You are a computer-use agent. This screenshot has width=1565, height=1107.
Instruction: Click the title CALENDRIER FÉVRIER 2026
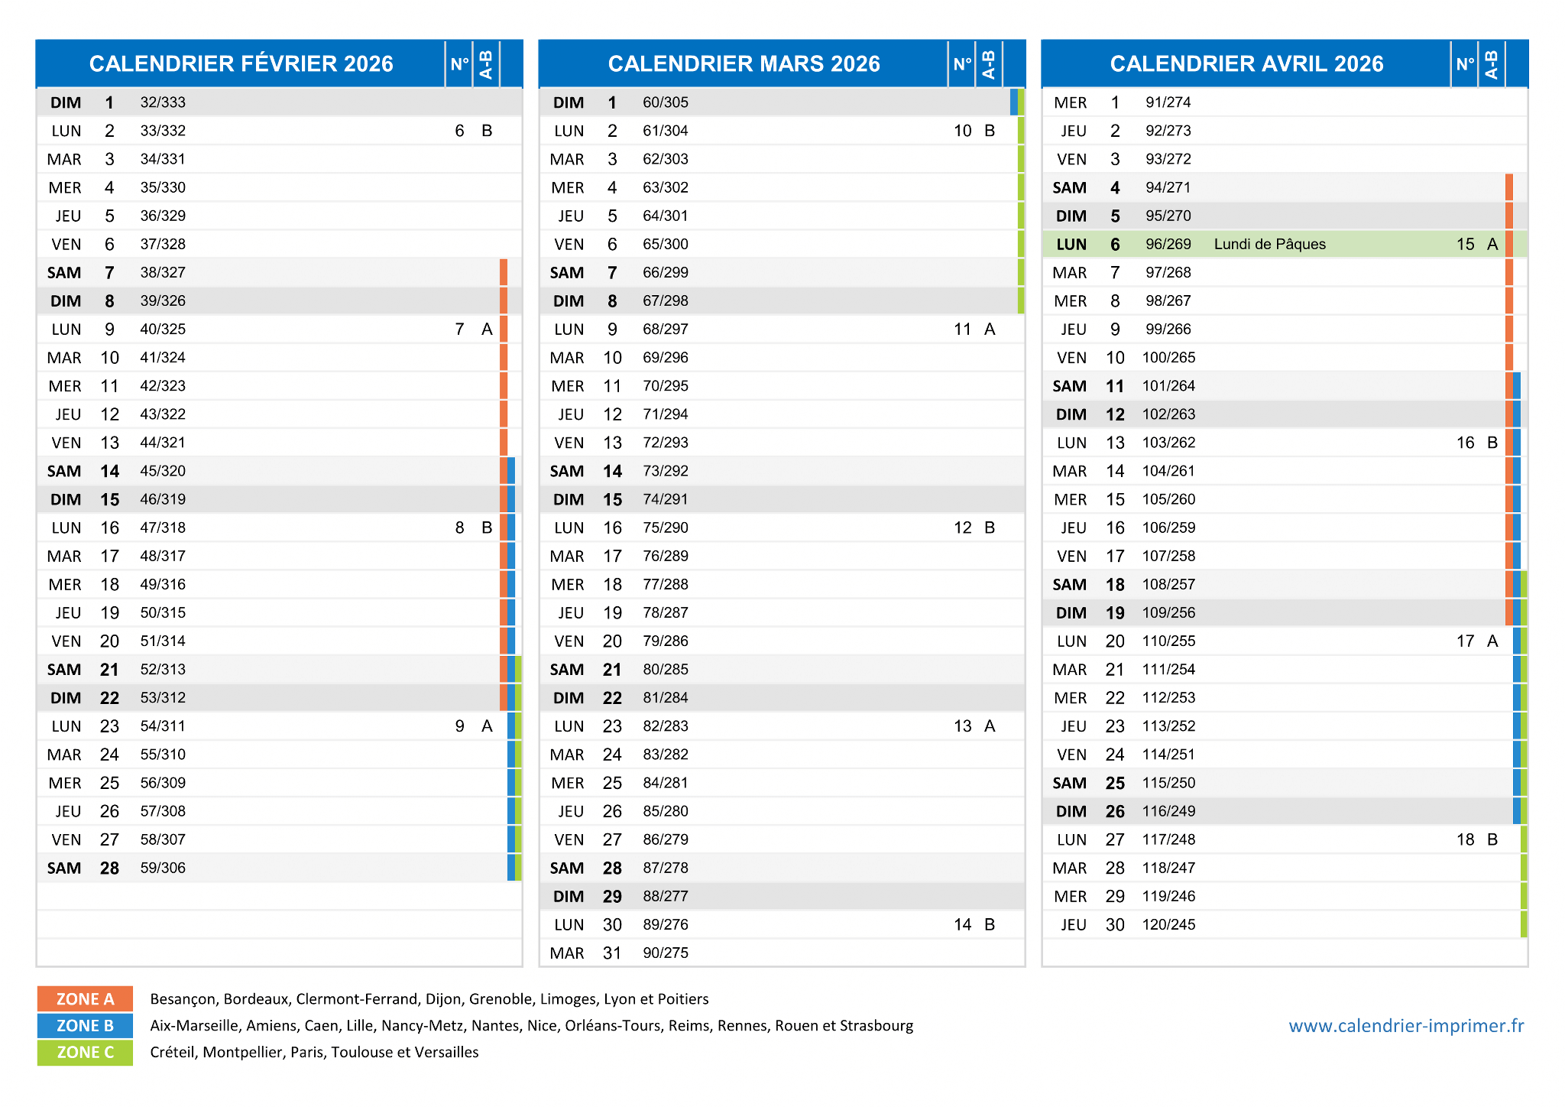click(241, 63)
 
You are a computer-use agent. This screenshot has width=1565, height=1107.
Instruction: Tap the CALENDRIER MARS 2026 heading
click(744, 63)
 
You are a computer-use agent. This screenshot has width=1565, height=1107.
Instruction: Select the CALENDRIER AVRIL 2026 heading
click(1246, 63)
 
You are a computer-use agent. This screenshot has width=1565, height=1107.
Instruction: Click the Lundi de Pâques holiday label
click(1269, 244)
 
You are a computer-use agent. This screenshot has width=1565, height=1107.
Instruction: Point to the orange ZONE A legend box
click(85, 998)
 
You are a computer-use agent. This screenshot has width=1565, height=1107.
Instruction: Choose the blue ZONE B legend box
click(85, 1025)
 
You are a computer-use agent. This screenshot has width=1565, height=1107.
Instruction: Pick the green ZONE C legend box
click(85, 1052)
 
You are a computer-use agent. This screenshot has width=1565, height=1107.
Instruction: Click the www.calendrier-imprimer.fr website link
click(1406, 1025)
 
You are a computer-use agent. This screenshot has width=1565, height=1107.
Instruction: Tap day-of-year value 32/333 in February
click(163, 102)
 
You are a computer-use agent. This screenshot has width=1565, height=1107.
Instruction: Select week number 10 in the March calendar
click(962, 131)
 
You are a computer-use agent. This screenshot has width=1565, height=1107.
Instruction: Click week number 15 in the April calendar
click(1465, 244)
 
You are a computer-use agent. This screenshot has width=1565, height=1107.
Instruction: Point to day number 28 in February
click(109, 868)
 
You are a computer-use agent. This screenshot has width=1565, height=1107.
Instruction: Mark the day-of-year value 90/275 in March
click(666, 953)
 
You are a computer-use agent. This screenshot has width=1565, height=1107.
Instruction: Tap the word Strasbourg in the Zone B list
click(876, 1026)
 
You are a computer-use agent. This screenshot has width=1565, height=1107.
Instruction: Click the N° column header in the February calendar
click(459, 63)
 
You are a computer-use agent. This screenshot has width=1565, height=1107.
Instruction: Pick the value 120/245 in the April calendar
click(1168, 924)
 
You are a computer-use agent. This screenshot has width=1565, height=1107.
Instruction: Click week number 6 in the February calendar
click(459, 131)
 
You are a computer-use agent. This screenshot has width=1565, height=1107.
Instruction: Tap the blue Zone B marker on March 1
click(1014, 102)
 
